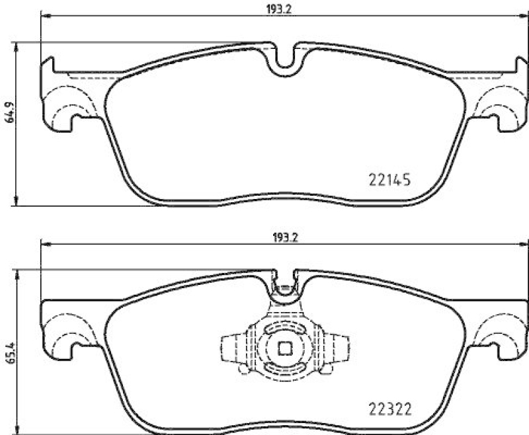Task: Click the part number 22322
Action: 389,409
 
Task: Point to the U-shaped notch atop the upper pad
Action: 284,58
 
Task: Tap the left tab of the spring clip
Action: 229,348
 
